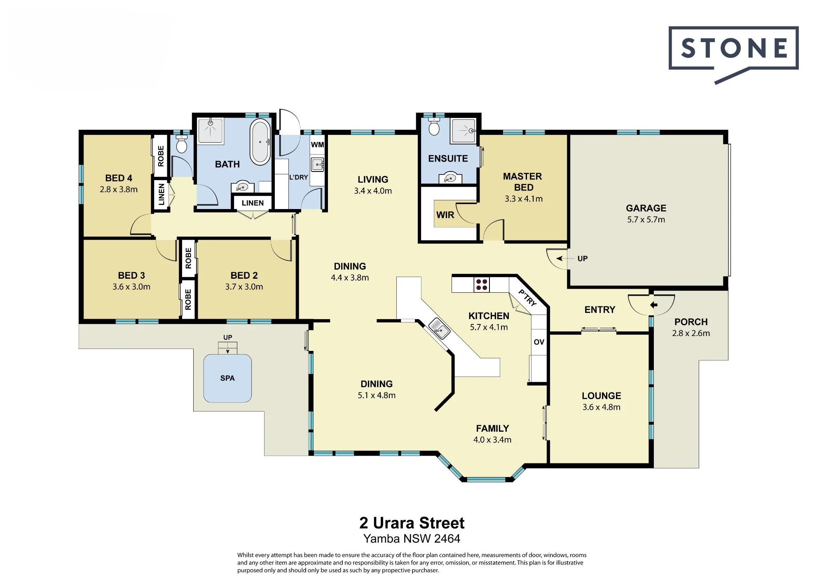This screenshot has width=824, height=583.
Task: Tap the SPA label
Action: point(227,378)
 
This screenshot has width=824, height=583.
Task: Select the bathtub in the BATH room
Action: point(260,142)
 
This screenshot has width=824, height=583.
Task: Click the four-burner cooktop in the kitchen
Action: point(482,284)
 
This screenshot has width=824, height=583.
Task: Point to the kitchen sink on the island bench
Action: point(439,329)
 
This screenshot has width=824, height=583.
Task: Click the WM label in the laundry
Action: point(317,145)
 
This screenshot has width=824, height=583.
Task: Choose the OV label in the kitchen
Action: point(539,342)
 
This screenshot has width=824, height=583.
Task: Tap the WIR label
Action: point(445,215)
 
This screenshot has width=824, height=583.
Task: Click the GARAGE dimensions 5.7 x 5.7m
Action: point(646,220)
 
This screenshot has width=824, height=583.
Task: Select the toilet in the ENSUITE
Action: point(434,127)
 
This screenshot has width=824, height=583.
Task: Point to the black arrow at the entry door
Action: point(654,305)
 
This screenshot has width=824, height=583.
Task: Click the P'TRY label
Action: point(527,298)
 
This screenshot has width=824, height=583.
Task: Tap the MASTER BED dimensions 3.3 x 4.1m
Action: point(524,199)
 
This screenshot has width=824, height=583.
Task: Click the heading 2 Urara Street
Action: point(412,523)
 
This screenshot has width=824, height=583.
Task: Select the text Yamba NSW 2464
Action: point(412,538)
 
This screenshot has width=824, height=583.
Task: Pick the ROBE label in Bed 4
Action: point(161,156)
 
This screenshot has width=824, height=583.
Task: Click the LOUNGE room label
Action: point(601,396)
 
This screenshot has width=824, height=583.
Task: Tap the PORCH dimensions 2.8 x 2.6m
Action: point(691,333)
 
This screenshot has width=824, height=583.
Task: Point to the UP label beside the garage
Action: point(582,259)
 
